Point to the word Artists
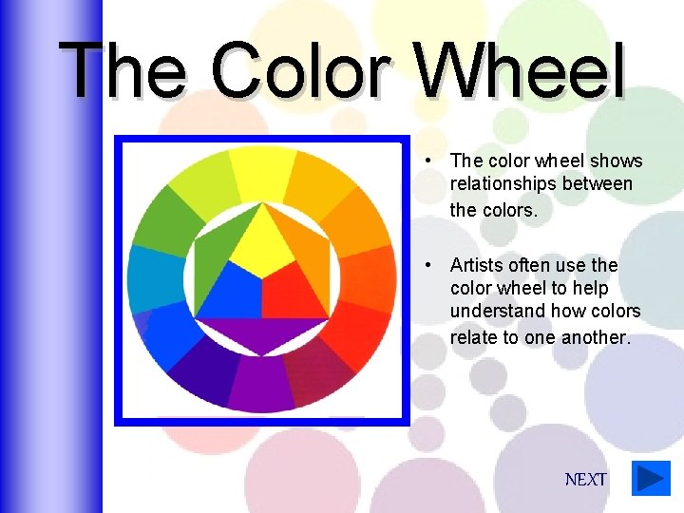tap(481, 265)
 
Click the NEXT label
tap(585, 480)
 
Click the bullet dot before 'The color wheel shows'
tap(430, 160)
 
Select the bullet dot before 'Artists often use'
tap(430, 264)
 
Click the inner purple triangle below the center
tap(261, 332)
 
